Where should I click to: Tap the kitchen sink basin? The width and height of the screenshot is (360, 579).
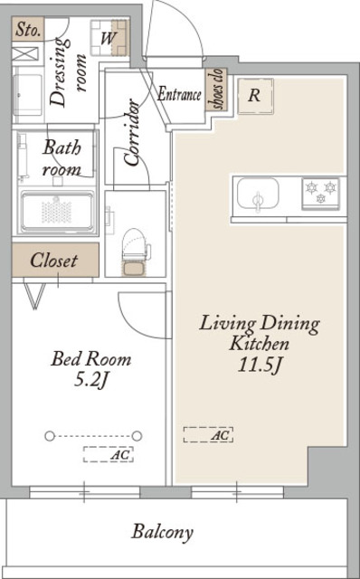258,193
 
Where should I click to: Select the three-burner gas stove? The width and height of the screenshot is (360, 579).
320,193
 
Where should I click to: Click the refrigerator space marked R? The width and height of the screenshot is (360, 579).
255,96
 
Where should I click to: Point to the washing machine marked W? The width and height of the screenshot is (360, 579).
109,38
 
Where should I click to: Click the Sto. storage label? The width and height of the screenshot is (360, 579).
28,30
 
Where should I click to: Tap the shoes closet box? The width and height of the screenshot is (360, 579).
216,89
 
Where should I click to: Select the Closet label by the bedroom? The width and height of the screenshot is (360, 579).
54,260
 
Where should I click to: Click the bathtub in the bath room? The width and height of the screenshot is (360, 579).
57,212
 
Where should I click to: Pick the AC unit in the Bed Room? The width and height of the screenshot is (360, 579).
109,454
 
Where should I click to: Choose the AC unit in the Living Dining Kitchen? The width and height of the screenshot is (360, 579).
208,434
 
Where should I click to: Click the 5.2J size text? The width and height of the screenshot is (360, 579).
90,380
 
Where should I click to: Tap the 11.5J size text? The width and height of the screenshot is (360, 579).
260,365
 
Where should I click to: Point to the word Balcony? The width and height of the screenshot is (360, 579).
163,533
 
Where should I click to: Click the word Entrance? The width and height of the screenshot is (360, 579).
179,94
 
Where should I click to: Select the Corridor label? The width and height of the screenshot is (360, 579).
132,132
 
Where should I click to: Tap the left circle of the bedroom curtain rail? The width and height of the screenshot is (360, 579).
50,436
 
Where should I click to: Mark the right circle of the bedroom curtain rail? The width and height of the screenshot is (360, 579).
137,436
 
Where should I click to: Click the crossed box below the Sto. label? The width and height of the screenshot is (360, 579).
25,54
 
